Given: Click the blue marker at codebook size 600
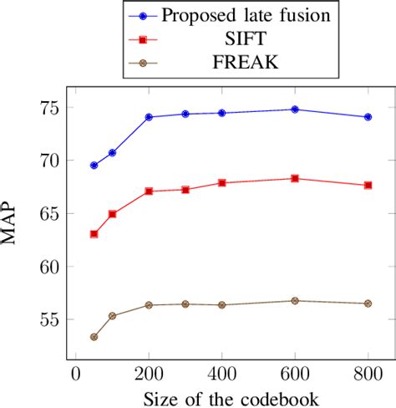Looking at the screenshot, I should [295, 110].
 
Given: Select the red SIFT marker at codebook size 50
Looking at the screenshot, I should [94, 234].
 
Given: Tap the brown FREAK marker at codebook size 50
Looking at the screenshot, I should [94, 337].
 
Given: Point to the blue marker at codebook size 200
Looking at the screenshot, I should [149, 117].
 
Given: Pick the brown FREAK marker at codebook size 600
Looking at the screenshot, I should [295, 301].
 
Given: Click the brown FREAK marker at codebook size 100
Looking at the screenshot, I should [112, 316].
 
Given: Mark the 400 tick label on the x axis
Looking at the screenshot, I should [222, 372].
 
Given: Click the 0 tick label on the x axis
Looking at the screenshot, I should [76, 372].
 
